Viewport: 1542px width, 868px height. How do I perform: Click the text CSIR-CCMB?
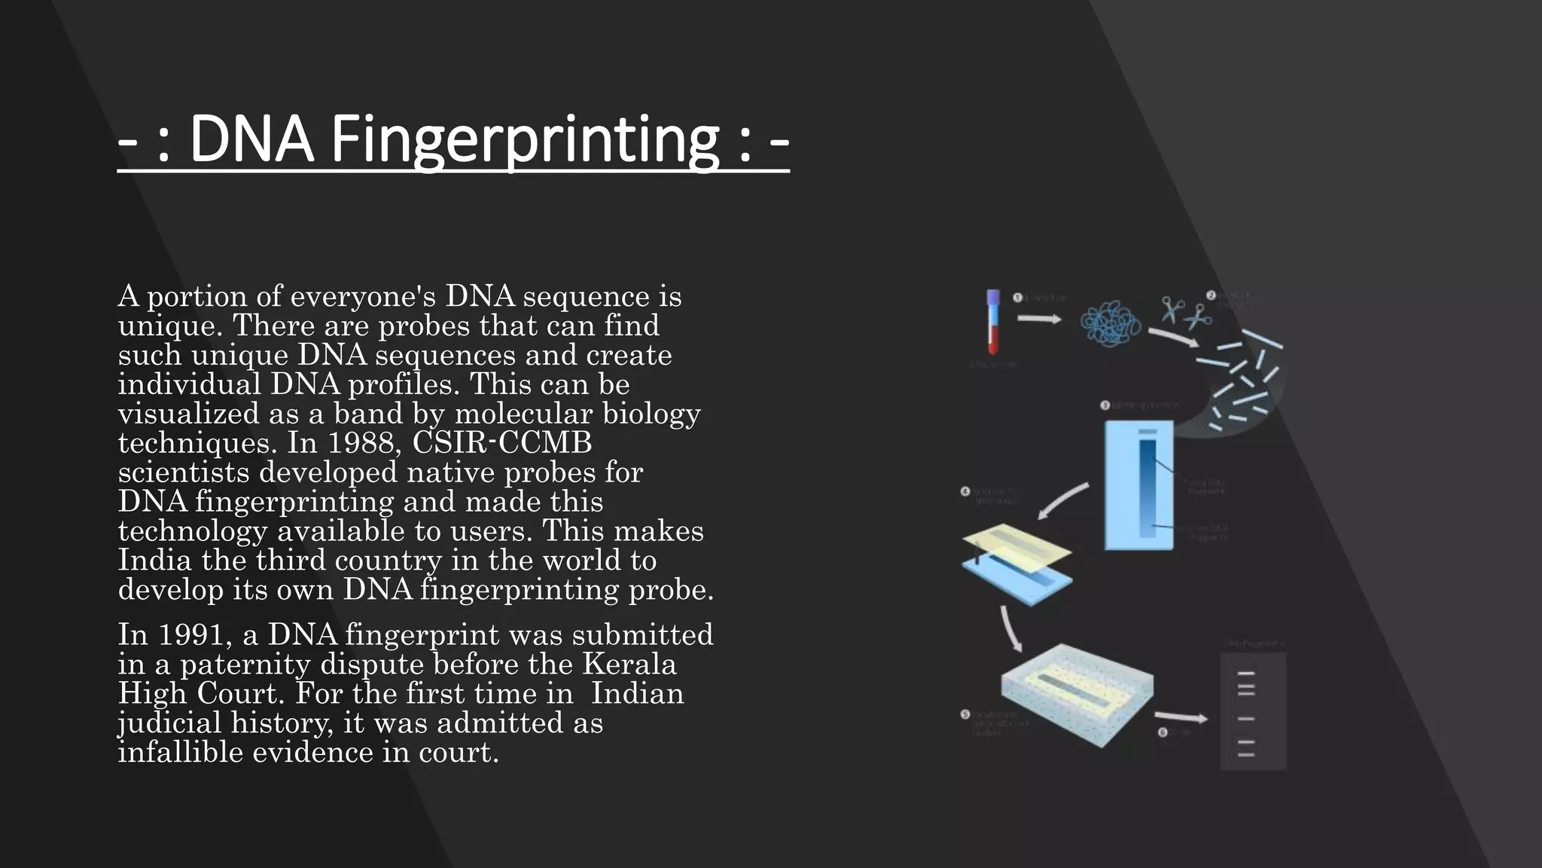(501, 443)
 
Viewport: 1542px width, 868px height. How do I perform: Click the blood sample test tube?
(993, 322)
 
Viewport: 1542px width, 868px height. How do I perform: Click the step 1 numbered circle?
(1017, 298)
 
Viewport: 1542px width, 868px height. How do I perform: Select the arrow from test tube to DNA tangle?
(1039, 319)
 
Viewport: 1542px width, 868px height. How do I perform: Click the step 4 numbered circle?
(965, 492)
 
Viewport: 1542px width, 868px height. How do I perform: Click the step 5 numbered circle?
(965, 714)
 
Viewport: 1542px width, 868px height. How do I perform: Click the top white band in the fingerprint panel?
(1246, 674)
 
